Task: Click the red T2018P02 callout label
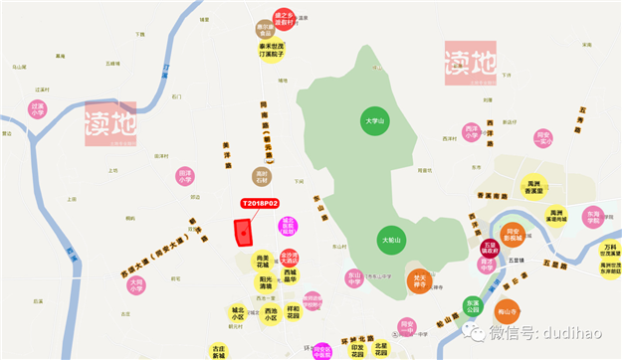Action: [x=260, y=204]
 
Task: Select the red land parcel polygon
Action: [x=242, y=230]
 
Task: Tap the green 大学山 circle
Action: [x=374, y=120]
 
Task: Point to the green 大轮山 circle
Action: [x=391, y=240]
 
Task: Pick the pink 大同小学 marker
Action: [x=136, y=285]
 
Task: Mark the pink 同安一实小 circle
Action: [x=543, y=138]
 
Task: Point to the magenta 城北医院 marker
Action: [x=289, y=225]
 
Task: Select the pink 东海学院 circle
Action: [x=593, y=217]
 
